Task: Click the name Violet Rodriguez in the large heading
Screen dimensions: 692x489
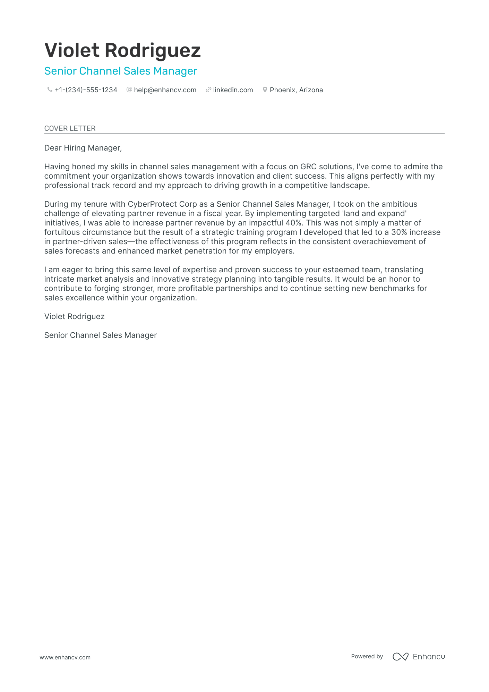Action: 122,50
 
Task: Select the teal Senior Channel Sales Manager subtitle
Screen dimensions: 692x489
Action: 121,71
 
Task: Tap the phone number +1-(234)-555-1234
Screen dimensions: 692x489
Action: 86,90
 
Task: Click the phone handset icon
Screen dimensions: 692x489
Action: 50,90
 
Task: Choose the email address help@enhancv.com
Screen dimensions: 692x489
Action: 165,90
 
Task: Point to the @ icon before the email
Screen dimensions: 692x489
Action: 129,90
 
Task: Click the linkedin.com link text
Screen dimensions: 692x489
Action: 233,90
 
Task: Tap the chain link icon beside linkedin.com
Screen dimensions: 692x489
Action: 208,90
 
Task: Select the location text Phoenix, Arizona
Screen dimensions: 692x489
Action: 296,90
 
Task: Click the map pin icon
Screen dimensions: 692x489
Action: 265,90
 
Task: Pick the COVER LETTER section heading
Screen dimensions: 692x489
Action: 70,128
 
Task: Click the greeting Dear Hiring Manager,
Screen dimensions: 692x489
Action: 83,148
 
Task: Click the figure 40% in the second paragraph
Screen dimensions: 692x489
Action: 293,223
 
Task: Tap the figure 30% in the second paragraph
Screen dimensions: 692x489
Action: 399,232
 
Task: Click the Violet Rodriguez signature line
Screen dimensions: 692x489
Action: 74,317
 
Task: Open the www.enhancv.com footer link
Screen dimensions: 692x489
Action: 65,658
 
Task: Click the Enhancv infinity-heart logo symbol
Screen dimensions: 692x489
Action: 400,657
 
